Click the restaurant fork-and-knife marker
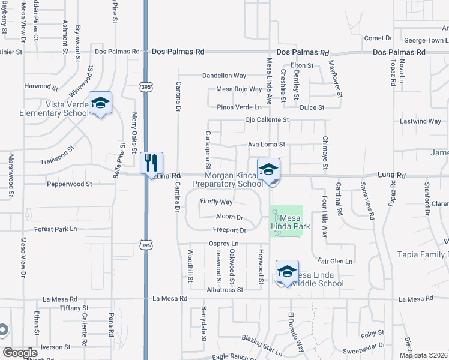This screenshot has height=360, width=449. tap(151, 163)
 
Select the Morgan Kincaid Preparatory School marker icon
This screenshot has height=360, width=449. tap(268, 170)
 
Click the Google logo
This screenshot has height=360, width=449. tap(20, 352)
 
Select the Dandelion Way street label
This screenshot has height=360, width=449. tap(224, 76)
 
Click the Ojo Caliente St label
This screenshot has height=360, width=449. tap(267, 119)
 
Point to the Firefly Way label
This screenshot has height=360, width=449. tap(215, 202)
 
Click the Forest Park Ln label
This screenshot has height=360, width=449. tap(56, 229)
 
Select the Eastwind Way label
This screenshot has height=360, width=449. tap(420, 121)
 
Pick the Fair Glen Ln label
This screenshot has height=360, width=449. tap(335, 261)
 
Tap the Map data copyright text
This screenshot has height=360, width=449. tap(423, 355)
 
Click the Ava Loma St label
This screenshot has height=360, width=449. tap(267, 145)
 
